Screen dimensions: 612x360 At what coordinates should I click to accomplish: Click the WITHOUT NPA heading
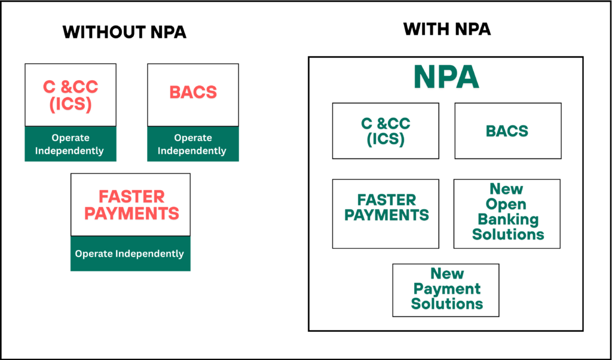124,32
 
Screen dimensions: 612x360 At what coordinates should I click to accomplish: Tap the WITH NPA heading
446,29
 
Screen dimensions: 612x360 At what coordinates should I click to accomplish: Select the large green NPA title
446,78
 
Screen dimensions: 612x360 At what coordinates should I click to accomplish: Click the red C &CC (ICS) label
71,96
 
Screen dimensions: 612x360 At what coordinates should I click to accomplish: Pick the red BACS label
193,92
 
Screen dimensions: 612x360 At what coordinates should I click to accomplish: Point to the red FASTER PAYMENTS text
131,205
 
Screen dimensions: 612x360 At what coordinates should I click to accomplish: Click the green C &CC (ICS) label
385,132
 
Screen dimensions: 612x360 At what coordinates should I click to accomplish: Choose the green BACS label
507,131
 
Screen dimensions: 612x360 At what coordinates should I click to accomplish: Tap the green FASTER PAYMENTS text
387,208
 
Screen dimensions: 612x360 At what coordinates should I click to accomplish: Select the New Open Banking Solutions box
507,213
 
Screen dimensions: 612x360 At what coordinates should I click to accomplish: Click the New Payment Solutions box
446,290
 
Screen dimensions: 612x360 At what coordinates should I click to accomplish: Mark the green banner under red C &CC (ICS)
71,144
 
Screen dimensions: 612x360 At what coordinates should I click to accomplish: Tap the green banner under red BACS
193,144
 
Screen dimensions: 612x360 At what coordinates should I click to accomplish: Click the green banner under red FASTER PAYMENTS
130,254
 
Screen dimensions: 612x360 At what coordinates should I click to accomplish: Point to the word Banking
508,220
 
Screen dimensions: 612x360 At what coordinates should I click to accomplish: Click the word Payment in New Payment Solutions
447,289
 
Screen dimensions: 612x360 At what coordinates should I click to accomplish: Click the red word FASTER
131,197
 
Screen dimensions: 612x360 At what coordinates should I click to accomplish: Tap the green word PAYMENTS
387,215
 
